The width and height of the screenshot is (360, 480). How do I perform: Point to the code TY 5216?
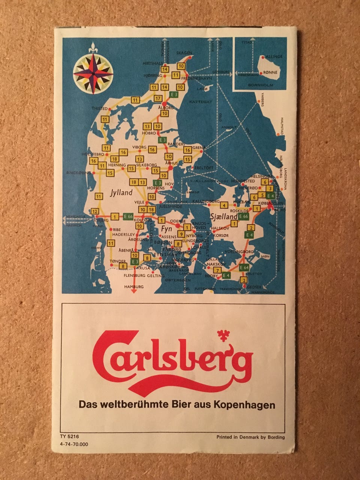click(69, 436)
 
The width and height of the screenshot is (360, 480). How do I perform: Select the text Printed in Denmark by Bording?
click(250, 437)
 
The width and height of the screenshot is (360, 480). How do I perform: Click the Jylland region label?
click(121, 193)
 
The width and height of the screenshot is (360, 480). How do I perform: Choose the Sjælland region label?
click(223, 217)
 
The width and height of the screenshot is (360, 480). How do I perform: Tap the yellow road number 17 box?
click(158, 98)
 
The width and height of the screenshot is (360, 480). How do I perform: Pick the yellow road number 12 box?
click(95, 211)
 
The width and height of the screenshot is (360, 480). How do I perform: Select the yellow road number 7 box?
click(217, 270)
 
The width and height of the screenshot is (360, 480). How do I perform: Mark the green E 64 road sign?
click(244, 267)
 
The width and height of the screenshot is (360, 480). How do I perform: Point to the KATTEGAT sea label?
click(201, 102)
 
